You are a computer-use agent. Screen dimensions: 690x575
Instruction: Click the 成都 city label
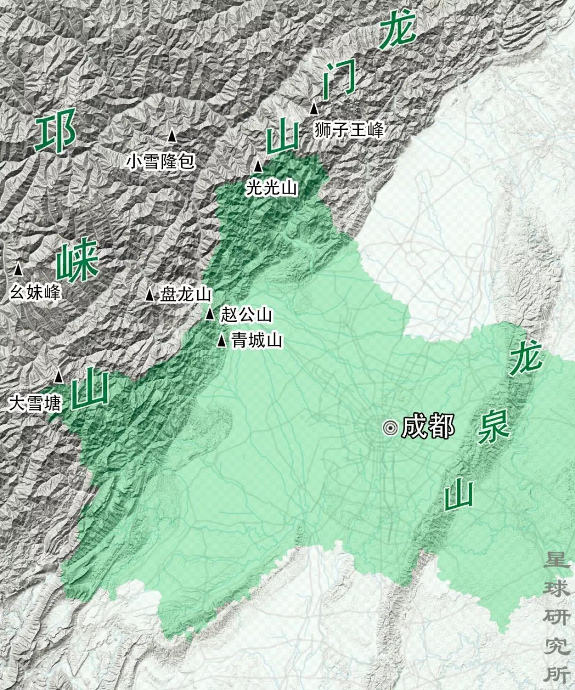tap(428, 426)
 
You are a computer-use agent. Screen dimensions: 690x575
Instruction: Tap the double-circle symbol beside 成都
tap(391, 428)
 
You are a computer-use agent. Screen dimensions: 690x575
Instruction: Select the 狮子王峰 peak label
tap(349, 130)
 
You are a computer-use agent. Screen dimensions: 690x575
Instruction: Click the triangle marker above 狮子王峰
tap(315, 109)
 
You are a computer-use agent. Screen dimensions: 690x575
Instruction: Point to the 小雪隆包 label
tap(161, 161)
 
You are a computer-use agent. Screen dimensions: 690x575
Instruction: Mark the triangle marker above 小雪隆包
tap(172, 136)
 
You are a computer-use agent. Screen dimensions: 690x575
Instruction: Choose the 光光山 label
tap(272, 187)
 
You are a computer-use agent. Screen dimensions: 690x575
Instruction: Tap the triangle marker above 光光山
tap(258, 166)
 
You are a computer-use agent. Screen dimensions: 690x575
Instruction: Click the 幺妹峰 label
tap(35, 292)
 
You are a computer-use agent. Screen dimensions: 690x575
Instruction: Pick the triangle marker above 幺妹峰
tap(19, 269)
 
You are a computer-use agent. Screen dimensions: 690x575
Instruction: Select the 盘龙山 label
tap(186, 294)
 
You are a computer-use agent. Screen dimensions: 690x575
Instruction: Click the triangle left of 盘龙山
tap(150, 294)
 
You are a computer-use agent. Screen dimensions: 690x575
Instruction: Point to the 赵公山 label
tap(246, 315)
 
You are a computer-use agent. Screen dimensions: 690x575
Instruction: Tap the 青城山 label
tap(257, 340)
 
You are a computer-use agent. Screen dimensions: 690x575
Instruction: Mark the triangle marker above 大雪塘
tap(59, 377)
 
